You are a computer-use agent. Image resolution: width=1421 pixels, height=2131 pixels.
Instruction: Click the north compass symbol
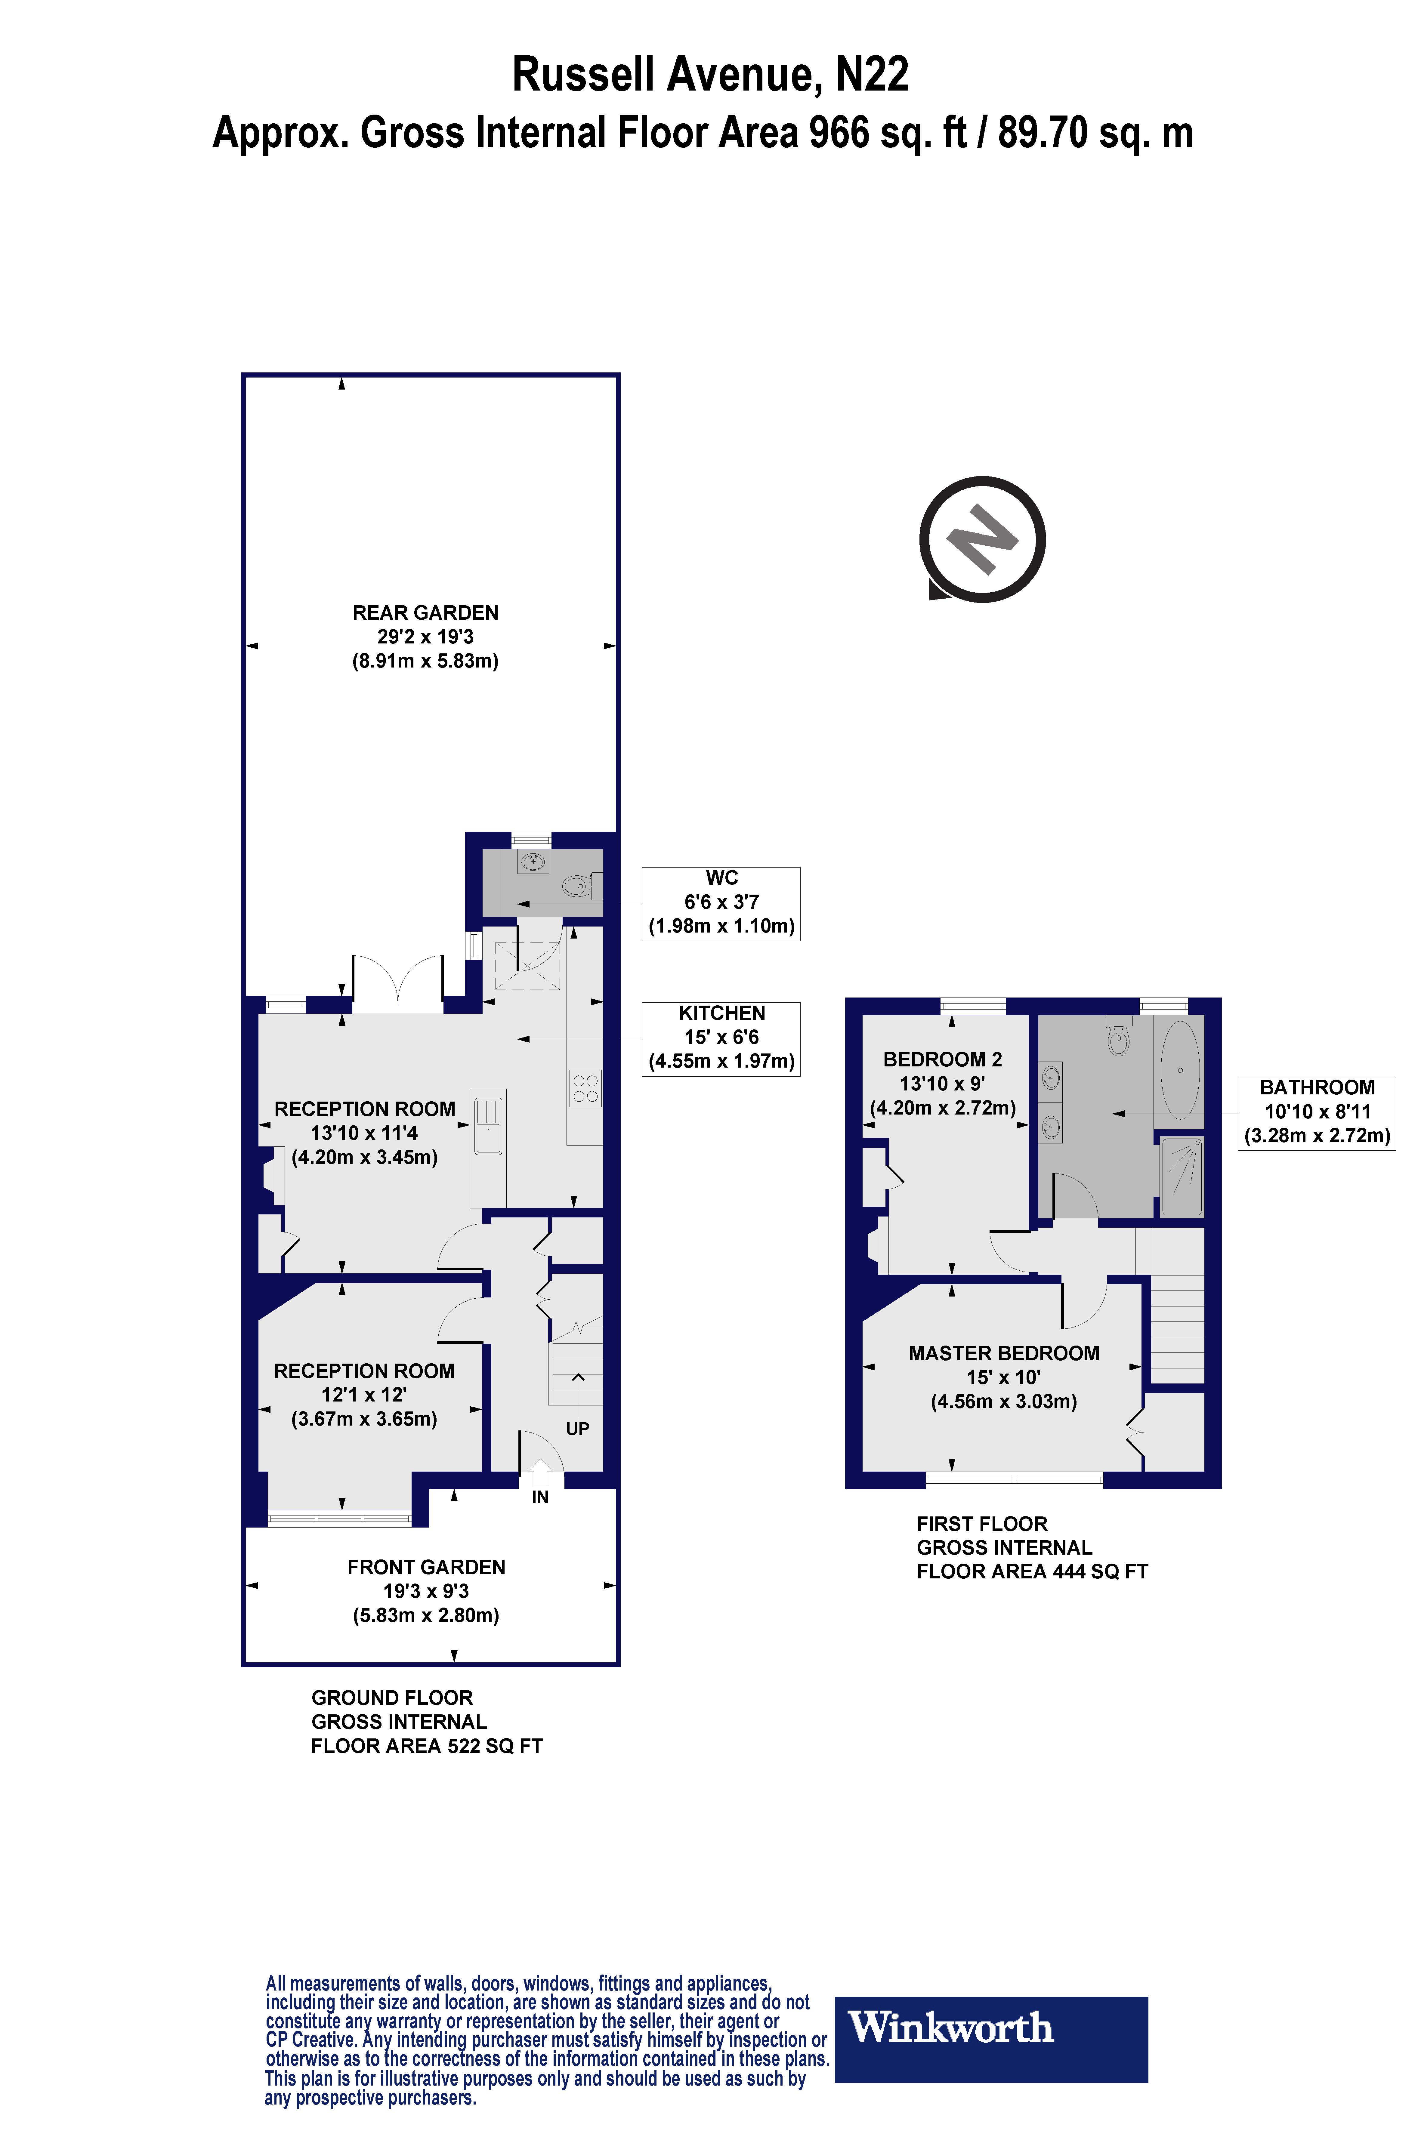982,539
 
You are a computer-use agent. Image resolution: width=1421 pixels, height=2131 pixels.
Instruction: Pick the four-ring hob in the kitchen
585,1088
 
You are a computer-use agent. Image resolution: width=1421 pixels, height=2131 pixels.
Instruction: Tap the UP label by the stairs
577,1429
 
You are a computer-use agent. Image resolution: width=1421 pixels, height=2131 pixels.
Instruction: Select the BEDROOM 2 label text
943,1059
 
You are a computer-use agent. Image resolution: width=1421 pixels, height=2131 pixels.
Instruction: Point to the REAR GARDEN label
425,612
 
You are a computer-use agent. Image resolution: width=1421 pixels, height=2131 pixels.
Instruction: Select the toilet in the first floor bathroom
1119,1038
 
